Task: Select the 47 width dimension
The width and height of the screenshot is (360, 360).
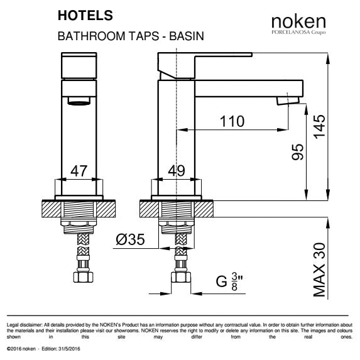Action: point(79,172)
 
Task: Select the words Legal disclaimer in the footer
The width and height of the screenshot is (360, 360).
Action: point(19,325)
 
